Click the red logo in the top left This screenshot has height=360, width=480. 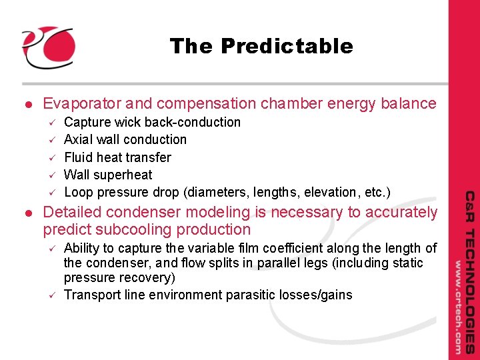tap(47, 47)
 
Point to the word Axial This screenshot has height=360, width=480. tap(79, 139)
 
